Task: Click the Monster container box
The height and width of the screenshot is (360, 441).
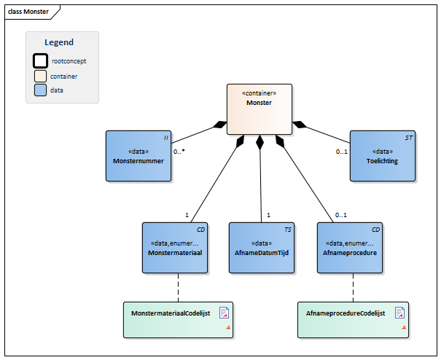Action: pos(259,109)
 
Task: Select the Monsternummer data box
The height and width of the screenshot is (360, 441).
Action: pos(138,156)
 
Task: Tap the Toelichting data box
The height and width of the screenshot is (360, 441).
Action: pos(383,156)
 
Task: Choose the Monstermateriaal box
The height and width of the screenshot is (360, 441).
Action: pos(175,248)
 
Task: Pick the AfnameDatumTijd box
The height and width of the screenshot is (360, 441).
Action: pos(262,248)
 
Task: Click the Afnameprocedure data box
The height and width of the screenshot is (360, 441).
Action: pos(350,248)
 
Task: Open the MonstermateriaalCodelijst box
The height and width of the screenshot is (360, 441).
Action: pos(179,320)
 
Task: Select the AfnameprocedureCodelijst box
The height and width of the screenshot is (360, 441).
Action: pos(353,320)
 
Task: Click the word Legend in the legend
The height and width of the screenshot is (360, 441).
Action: pos(59,42)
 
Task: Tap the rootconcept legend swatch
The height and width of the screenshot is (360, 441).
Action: pos(41,60)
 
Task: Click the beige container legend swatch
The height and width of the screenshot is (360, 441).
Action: pos(41,77)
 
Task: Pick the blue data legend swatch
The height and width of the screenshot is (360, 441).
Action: pos(41,90)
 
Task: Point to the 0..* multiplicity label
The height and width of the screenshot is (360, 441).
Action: pos(179,152)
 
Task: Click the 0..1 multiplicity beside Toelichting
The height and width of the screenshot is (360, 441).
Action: pos(341,152)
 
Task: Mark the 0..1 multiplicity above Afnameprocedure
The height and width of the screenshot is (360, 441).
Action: pos(341,215)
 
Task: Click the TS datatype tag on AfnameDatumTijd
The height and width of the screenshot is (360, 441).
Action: pos(288,230)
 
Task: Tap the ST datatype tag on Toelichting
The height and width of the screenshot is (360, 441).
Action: pos(409,138)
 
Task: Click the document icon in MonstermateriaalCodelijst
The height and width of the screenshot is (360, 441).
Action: pos(225,313)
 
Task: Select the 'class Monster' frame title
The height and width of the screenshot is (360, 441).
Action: pos(28,12)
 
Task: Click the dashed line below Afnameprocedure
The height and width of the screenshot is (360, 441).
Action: pos(354,288)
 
